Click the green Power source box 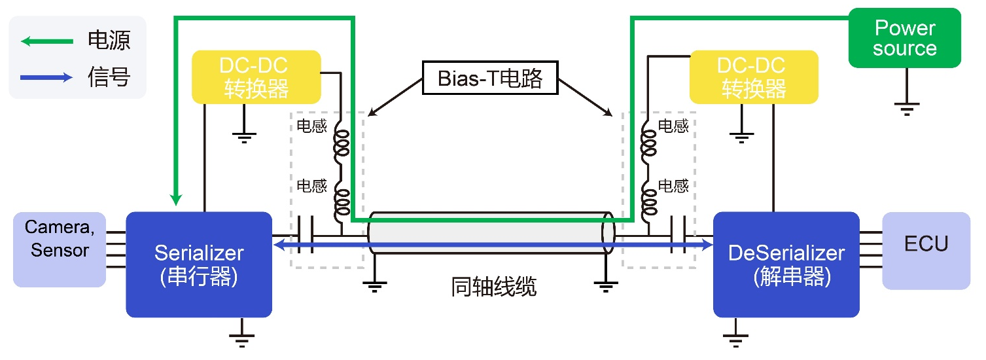pos(904,38)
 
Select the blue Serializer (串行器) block pos(199,264)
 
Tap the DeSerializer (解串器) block pos(786,264)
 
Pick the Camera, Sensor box pos(60,249)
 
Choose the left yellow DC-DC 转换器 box pos(256,77)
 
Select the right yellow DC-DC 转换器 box pos(754,77)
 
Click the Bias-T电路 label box pos(490,79)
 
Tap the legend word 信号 pos(109,78)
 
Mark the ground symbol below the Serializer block pos(241,337)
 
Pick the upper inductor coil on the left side pos(342,145)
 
